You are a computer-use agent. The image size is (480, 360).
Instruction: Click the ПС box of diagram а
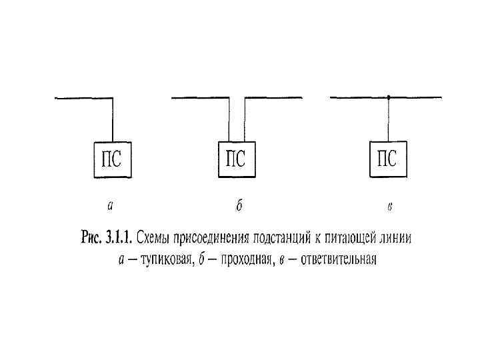tap(112, 161)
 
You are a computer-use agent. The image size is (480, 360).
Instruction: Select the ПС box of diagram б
tap(237, 161)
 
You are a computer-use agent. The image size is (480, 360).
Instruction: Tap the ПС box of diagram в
tap(388, 161)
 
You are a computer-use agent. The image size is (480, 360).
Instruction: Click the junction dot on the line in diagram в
tap(388, 97)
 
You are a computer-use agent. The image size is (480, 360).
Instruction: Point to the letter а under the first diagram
tap(110, 206)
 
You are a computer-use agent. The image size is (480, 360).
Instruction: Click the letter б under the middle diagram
tap(238, 206)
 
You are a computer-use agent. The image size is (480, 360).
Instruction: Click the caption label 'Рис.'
tap(92, 239)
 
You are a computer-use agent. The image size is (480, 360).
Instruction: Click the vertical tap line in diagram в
tap(388, 120)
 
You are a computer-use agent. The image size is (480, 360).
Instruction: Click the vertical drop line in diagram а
tap(112, 120)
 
